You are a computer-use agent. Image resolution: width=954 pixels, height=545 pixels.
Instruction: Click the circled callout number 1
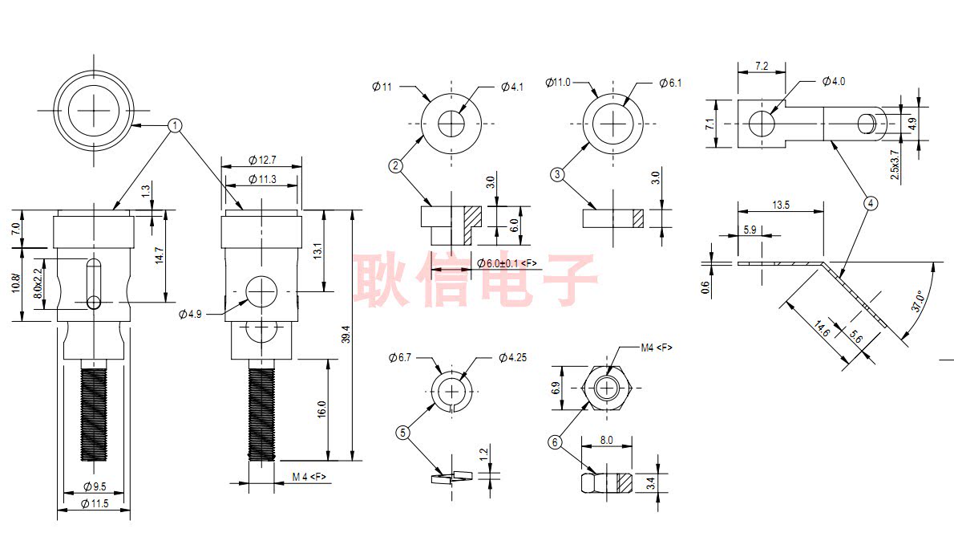(176, 126)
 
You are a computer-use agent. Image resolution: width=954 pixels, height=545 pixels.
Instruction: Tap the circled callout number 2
(395, 165)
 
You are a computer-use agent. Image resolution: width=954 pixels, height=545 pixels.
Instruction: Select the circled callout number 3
(557, 175)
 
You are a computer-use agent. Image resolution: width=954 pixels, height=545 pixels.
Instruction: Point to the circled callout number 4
(871, 203)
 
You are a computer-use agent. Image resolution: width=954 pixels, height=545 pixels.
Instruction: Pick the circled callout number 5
(402, 433)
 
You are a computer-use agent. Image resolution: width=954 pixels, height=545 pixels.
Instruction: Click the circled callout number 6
(555, 442)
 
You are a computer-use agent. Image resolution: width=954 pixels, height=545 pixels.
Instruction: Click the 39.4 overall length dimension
(346, 335)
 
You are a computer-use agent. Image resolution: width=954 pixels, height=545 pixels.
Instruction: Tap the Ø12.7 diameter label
(262, 161)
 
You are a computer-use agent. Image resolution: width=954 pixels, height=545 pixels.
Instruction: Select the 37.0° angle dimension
(917, 301)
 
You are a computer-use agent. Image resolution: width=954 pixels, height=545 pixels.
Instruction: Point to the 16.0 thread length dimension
(321, 409)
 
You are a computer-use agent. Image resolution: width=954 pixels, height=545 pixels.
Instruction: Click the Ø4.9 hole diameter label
(190, 314)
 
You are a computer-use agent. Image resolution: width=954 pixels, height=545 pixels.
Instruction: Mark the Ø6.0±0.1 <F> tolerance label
(507, 263)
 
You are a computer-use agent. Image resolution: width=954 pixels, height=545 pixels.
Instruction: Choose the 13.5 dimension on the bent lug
(781, 205)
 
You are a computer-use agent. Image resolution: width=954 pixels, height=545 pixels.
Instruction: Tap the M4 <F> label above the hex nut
(657, 348)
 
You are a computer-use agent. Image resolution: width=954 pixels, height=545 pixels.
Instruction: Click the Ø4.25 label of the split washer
(512, 357)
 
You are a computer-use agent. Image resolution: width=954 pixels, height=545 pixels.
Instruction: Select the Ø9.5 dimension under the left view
(95, 486)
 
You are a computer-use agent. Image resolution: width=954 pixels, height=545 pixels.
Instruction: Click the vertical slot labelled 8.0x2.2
(95, 284)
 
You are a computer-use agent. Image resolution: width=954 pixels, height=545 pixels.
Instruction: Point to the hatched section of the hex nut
(625, 483)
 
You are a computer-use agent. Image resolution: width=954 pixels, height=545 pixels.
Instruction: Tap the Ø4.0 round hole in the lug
(761, 124)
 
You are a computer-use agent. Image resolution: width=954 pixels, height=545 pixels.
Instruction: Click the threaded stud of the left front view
(94, 409)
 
